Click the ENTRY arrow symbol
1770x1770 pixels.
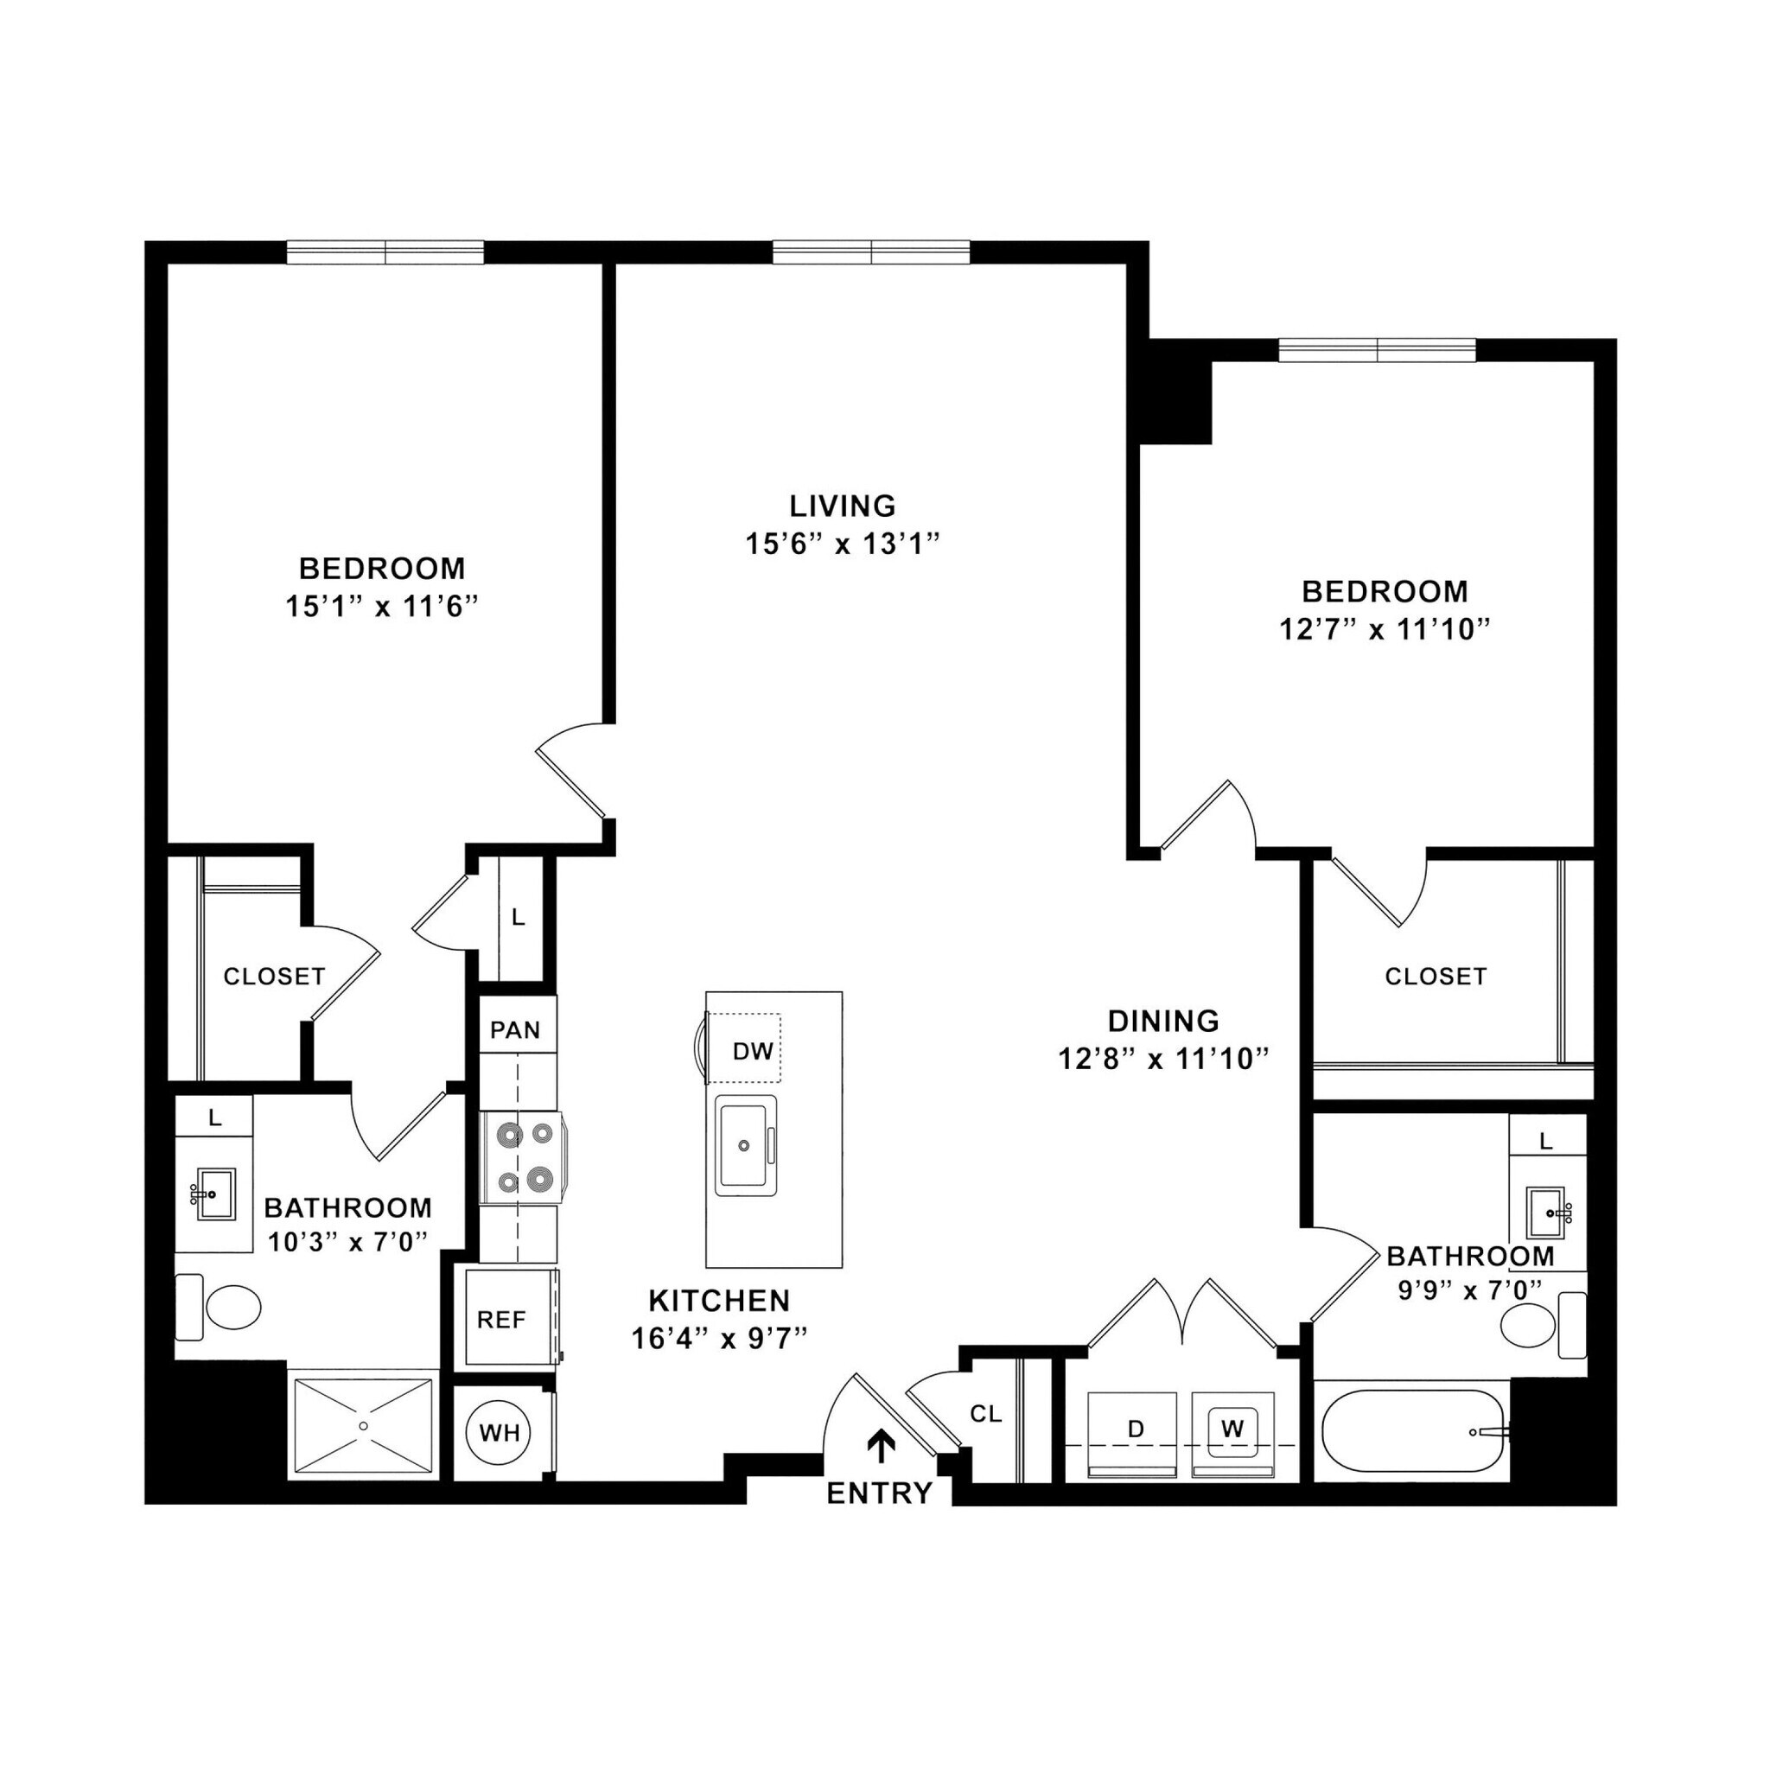click(881, 1447)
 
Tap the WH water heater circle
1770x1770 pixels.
click(500, 1432)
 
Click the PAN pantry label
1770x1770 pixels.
click(515, 1029)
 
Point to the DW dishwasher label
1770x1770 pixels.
click(752, 1051)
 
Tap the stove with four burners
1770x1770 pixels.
click(519, 1157)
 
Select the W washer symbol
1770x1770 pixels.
click(1232, 1429)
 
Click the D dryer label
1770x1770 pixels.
click(1136, 1429)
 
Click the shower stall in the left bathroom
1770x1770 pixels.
click(363, 1425)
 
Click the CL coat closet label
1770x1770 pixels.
click(986, 1415)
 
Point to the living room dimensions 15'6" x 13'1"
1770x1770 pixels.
click(843, 544)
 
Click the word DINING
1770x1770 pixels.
click(1163, 1021)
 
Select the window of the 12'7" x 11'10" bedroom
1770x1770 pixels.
click(1377, 350)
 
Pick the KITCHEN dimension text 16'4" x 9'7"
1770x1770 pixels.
click(719, 1340)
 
